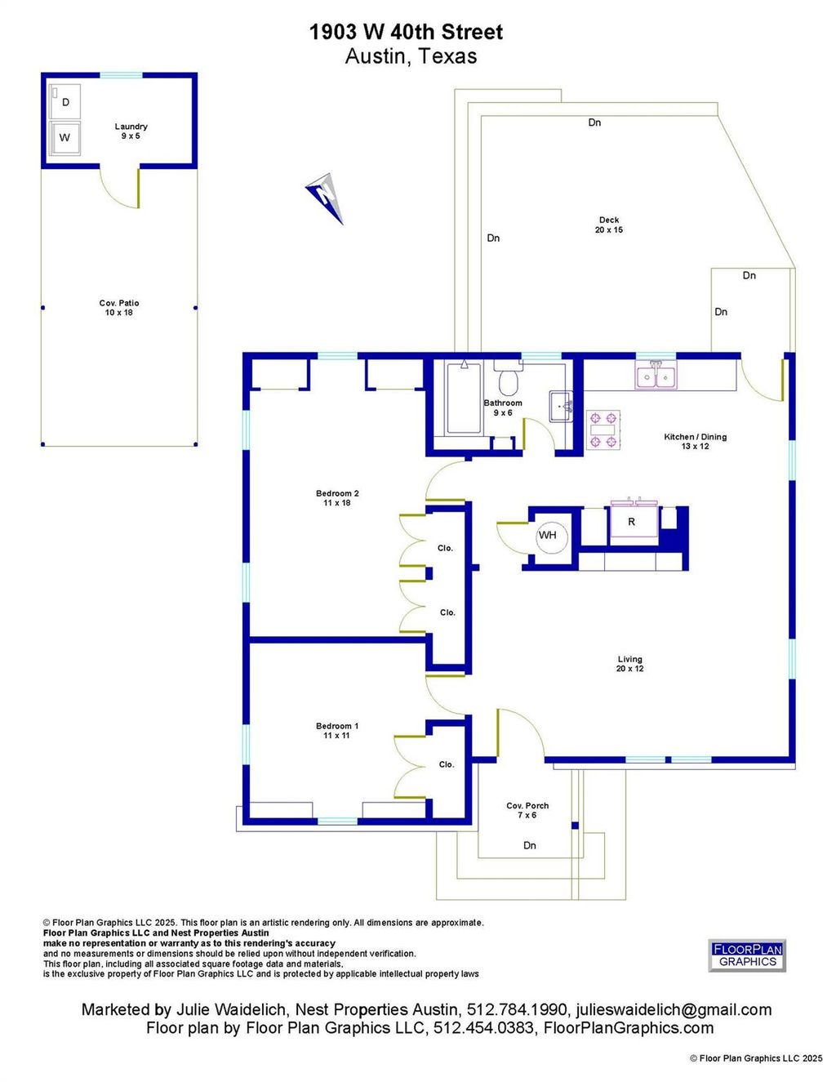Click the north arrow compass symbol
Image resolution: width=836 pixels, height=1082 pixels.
(x=324, y=198)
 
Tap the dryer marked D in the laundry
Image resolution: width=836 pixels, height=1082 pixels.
(x=65, y=101)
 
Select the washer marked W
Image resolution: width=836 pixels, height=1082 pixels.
(x=65, y=137)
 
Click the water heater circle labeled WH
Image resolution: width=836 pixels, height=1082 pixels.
(x=547, y=535)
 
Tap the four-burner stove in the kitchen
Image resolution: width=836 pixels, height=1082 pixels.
(x=603, y=430)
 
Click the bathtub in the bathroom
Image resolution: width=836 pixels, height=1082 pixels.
(x=464, y=399)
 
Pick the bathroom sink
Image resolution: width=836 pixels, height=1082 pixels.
(x=561, y=407)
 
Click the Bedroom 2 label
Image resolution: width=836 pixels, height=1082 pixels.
(x=337, y=498)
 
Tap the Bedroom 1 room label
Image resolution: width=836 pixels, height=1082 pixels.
(x=337, y=731)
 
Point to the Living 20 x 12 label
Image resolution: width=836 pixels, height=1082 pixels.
(x=630, y=664)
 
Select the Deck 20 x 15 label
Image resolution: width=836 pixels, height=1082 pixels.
(x=609, y=225)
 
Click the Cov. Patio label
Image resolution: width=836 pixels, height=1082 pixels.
(x=119, y=308)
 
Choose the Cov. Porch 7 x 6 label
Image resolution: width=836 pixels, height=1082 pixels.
(x=527, y=810)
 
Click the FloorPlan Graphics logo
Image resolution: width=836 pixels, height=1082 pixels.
(x=748, y=955)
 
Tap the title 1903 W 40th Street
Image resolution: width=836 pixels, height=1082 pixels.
(x=406, y=33)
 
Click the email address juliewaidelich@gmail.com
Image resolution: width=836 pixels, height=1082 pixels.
(x=674, y=1009)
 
